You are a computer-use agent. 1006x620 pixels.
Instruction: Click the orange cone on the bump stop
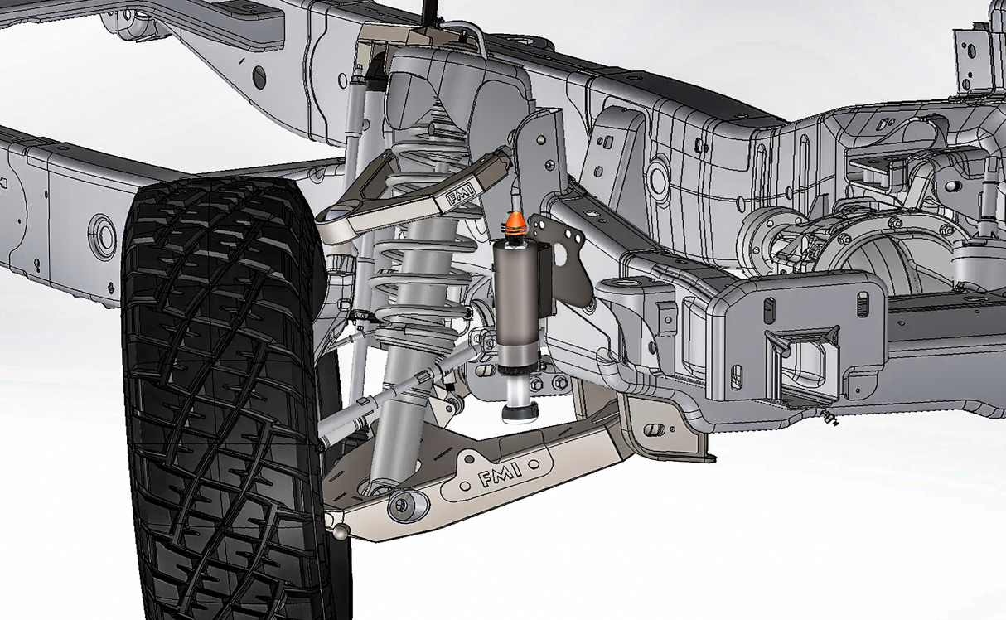[x=515, y=221]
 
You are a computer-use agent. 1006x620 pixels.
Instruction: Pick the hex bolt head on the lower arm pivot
[x=405, y=503]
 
